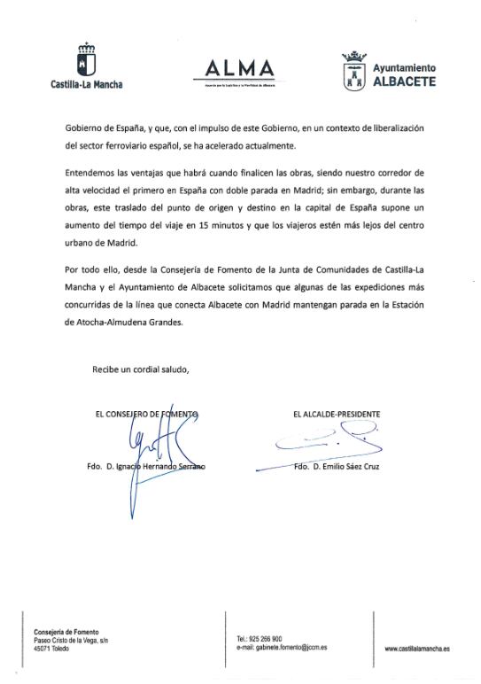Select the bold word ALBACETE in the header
click(404, 82)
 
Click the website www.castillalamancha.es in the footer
click(417, 649)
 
